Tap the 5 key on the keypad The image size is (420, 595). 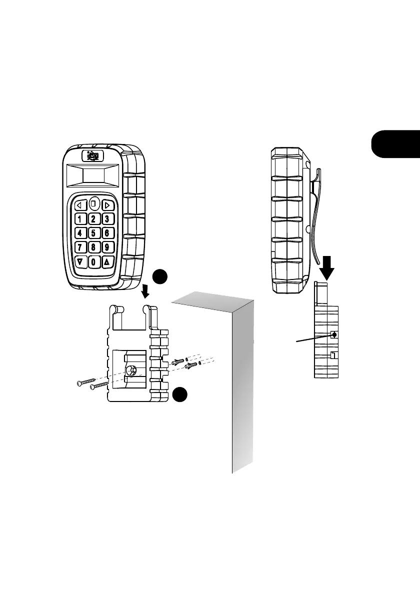pyautogui.click(x=93, y=233)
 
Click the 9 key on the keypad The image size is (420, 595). pyautogui.click(x=106, y=247)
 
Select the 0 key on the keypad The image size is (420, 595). pyautogui.click(x=93, y=261)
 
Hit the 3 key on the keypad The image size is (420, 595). pyautogui.click(x=106, y=219)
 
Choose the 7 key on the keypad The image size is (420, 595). pyautogui.click(x=80, y=247)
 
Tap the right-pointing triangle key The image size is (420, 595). pyautogui.click(x=106, y=204)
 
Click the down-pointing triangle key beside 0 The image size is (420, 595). pyautogui.click(x=80, y=261)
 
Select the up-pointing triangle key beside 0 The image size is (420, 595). pyautogui.click(x=106, y=261)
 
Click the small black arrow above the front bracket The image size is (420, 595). pyautogui.click(x=145, y=289)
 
